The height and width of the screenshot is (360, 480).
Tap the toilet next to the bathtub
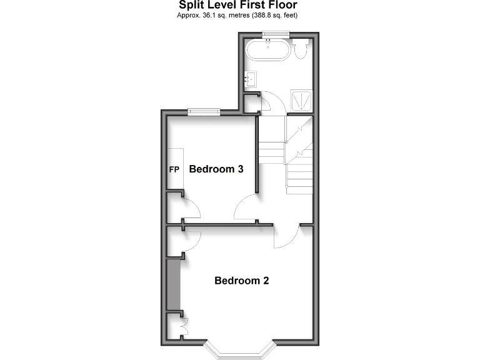[x=301, y=47]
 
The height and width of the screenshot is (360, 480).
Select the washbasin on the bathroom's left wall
[x=251, y=79]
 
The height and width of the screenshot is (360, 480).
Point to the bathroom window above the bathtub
[x=271, y=34]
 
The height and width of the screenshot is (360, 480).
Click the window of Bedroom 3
[x=204, y=112]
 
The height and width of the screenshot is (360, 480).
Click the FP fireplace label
[x=174, y=169]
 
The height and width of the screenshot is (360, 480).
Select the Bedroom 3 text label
[x=216, y=169]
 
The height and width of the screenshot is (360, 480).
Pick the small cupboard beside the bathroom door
[x=251, y=103]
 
